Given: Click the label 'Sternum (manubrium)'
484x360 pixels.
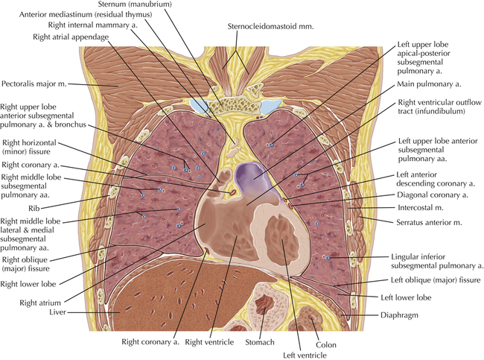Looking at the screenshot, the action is coord(135,4).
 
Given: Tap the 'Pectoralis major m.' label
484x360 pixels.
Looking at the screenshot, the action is coord(34,83).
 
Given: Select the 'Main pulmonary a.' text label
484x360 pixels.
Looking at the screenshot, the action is coord(429,84).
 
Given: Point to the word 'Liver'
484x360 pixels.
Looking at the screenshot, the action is coord(58,312).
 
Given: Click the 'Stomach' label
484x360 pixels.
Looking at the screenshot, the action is coord(260,342).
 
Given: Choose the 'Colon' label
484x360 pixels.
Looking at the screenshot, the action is coord(326,345).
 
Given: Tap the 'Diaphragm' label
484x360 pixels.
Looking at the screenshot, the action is coord(399,315).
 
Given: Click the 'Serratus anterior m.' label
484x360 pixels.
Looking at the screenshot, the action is coord(429,222).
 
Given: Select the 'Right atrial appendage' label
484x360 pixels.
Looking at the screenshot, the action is coord(71,37).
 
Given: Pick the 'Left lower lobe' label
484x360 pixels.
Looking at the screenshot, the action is coord(406,297).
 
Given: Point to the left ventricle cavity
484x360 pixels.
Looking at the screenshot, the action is coord(281,239).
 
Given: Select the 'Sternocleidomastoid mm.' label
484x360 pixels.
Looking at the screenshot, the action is coord(270,27).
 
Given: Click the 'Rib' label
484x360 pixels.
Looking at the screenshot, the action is coord(34,209).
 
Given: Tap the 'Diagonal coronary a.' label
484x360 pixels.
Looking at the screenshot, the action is coord(433,195).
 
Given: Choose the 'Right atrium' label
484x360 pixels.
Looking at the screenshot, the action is coord(40,303).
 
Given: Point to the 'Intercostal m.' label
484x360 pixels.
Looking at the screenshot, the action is coord(421,208).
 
